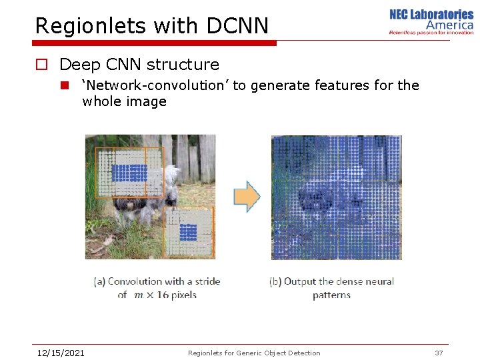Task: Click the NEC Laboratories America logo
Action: (431, 21)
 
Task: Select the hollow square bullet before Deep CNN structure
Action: (42, 65)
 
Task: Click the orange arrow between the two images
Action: (247, 196)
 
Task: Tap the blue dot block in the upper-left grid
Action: (129, 173)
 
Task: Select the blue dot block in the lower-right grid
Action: (188, 232)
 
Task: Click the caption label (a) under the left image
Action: (99, 281)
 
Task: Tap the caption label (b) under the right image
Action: (275, 281)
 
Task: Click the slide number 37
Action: (439, 353)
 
